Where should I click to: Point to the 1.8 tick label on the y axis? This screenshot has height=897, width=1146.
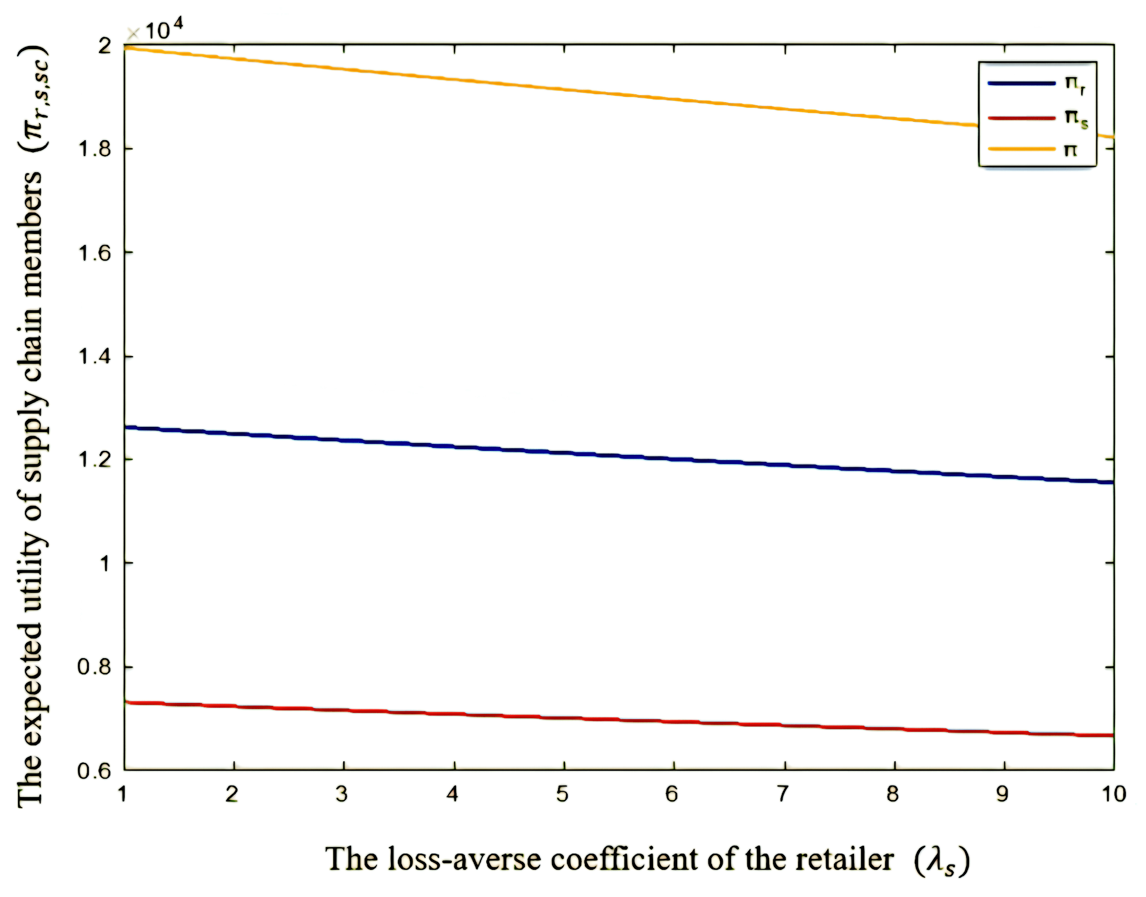(x=95, y=149)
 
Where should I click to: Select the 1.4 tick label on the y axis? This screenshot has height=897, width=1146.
(x=95, y=357)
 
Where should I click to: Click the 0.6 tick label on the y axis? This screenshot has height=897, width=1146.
(x=95, y=771)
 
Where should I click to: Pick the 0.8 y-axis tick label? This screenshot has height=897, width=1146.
(x=95, y=667)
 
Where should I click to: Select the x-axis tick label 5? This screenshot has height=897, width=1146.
(x=563, y=794)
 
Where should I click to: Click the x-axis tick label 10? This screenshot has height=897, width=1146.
(x=1113, y=794)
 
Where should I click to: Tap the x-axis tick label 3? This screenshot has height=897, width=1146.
(x=343, y=794)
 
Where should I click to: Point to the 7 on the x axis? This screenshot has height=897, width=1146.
(x=783, y=794)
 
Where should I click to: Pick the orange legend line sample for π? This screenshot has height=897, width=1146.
(x=1021, y=149)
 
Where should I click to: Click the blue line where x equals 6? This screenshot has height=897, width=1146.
(x=674, y=459)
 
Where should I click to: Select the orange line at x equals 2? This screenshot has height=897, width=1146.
(x=234, y=58)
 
